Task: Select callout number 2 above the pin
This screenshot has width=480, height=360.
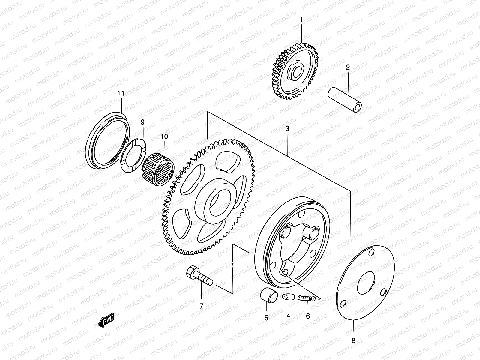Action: click(348, 67)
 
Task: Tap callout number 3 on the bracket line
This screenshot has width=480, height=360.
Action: click(287, 129)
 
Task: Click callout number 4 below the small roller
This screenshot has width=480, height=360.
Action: click(288, 316)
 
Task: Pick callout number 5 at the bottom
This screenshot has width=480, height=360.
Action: click(266, 318)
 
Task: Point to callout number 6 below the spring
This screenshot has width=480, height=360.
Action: click(308, 316)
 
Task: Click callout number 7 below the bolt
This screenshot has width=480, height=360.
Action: click(201, 306)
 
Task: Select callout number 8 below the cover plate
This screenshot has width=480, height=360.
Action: click(353, 341)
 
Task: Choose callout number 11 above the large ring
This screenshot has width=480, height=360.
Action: click(121, 93)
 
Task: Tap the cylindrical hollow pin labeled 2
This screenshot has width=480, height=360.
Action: click(345, 100)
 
